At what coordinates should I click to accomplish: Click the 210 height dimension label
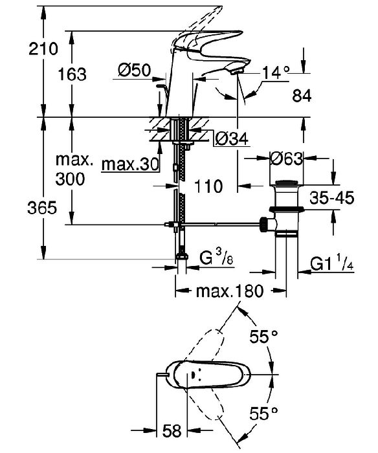click(43, 49)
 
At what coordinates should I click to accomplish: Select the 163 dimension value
click(72, 74)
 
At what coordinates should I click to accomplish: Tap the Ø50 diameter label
click(135, 70)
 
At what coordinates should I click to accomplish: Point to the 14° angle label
click(276, 72)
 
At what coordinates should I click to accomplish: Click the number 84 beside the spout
click(302, 96)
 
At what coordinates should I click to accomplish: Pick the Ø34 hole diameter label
click(232, 139)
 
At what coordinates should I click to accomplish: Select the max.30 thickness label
click(130, 164)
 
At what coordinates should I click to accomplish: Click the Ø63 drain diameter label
click(287, 159)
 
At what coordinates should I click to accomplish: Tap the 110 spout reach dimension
click(208, 186)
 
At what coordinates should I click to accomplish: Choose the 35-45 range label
click(332, 198)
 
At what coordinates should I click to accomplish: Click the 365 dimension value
click(42, 208)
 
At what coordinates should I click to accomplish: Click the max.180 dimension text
click(230, 291)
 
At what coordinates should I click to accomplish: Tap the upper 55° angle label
click(263, 336)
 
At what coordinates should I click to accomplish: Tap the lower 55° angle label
click(263, 413)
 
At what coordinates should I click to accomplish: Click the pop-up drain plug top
click(286, 182)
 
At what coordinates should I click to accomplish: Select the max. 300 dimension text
click(74, 170)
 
